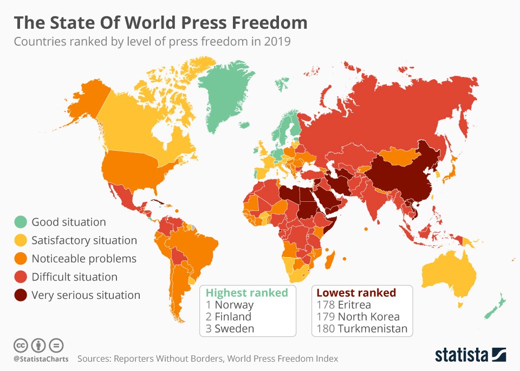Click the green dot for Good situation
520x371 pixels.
pyautogui.click(x=21, y=222)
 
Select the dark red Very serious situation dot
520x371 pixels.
pyautogui.click(x=21, y=295)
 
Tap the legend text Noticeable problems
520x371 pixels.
pyautogui.click(x=83, y=259)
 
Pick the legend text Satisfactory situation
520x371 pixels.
pyautogui.click(x=84, y=240)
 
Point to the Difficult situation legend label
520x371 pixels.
pyautogui.click(x=74, y=277)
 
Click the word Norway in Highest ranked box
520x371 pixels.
pyautogui.click(x=234, y=305)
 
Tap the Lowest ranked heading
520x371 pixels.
pyautogui.click(x=356, y=293)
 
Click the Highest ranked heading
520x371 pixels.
pyautogui.click(x=247, y=293)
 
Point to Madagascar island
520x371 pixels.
pyautogui.click(x=329, y=259)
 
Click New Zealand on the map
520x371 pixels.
pyautogui.click(x=494, y=309)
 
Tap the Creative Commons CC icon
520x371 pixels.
pyautogui.click(x=21, y=345)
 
